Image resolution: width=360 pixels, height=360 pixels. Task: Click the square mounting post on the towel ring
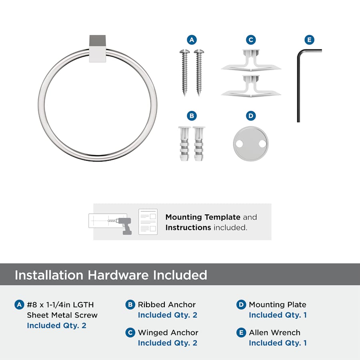pyautogui.click(x=98, y=48)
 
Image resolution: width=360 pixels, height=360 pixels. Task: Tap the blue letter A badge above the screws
pyautogui.click(x=192, y=40)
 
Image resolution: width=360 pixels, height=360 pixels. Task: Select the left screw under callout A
pyautogui.click(x=184, y=72)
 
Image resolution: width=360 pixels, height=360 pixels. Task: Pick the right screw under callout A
pyautogui.click(x=199, y=72)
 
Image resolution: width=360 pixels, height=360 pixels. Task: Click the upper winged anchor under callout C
pyautogui.click(x=251, y=60)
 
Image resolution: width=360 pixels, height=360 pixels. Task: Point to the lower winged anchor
pyautogui.click(x=251, y=86)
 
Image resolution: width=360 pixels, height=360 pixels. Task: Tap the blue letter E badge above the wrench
pyautogui.click(x=309, y=40)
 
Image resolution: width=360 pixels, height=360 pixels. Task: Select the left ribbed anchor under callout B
pyautogui.click(x=184, y=144)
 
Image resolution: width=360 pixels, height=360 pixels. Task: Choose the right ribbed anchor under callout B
pyautogui.click(x=199, y=144)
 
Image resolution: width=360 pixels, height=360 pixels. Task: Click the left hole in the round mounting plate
pyautogui.click(x=240, y=144)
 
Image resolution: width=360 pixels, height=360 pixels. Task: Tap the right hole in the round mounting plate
pyautogui.click(x=262, y=144)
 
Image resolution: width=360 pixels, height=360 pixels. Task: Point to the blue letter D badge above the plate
pyautogui.click(x=251, y=116)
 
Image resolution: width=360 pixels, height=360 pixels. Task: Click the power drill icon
pyautogui.click(x=124, y=226)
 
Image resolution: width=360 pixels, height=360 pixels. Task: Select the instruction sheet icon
pyautogui.click(x=148, y=222)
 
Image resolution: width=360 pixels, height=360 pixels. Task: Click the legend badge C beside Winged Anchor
pyautogui.click(x=130, y=333)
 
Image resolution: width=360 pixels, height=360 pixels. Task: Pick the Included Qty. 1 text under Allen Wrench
pyautogui.click(x=278, y=343)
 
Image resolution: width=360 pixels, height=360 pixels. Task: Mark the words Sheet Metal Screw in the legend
pyautogui.click(x=62, y=315)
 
